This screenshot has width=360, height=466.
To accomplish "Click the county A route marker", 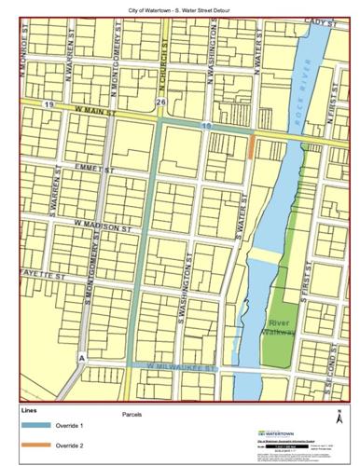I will pos(82,358).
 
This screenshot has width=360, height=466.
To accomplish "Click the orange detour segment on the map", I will pos(252,147).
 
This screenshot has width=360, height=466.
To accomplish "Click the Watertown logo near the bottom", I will pos(272,434).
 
